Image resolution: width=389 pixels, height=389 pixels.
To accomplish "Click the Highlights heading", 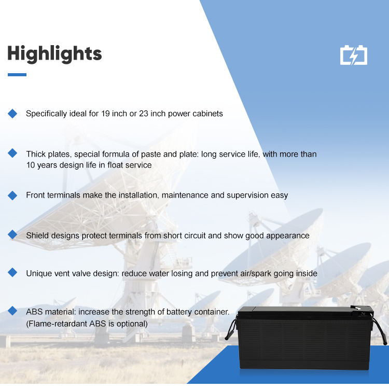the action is tap(54, 54).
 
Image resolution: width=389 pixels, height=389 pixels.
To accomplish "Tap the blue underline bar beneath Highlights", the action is tap(17, 75).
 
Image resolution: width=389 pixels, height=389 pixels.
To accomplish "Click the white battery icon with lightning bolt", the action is tap(354, 55).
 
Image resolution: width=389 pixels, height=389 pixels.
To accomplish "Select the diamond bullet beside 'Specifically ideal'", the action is tap(12, 114).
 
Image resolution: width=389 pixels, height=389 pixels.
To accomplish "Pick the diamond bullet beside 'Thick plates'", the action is tap(12, 153).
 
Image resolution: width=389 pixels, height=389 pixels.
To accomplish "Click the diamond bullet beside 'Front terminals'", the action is tap(12, 196).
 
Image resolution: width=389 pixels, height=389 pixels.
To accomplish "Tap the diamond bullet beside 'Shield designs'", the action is tap(12, 234).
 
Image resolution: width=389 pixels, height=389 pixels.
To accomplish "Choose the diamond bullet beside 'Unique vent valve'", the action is tap(12, 272).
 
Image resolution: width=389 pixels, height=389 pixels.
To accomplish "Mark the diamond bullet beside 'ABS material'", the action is tap(12, 311).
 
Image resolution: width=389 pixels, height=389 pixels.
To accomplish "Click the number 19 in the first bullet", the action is tap(105, 114).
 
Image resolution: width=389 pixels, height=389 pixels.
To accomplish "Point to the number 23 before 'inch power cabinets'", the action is tap(143, 114).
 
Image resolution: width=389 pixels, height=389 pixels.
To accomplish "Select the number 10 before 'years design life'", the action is tap(31, 165).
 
